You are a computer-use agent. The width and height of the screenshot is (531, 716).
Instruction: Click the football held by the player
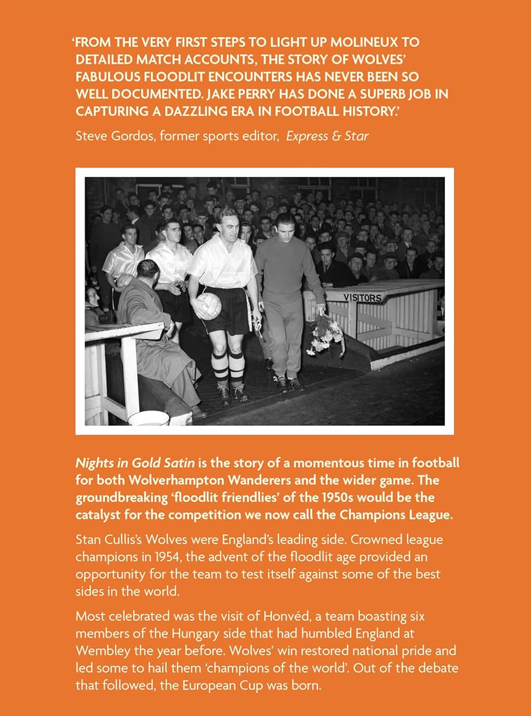(208, 306)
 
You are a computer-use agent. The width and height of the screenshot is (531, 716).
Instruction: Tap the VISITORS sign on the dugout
(362, 298)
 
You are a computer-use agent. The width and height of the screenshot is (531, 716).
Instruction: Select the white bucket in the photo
(148, 418)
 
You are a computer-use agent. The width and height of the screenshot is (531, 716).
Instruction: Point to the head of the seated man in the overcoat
(148, 269)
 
